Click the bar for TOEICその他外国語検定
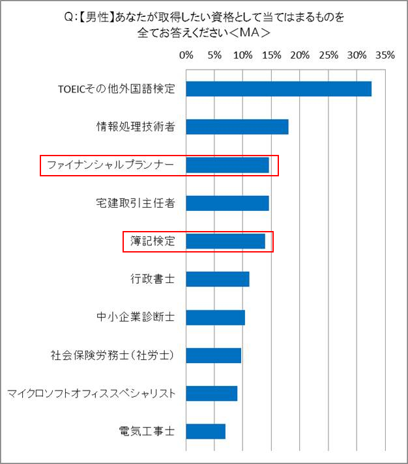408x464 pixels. (x=278, y=89)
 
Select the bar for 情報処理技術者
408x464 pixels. (x=237, y=127)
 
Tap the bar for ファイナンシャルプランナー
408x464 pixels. (x=227, y=165)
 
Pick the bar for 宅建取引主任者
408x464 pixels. (x=227, y=203)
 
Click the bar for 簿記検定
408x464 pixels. (x=225, y=241)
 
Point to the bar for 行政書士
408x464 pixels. (x=217, y=279)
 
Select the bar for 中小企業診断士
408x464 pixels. (x=215, y=318)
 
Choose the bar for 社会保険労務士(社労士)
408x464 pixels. (x=213, y=355)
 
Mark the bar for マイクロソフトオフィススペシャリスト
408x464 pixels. (x=211, y=394)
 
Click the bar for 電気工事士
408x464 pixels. (x=205, y=431)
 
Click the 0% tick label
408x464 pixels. (x=186, y=55)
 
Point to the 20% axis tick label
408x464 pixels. (x=300, y=55)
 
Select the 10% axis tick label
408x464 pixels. (x=243, y=55)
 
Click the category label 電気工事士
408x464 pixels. (x=147, y=431)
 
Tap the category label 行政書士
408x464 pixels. (x=153, y=279)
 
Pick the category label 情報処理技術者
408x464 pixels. (x=136, y=127)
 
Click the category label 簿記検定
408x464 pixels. (x=153, y=241)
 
